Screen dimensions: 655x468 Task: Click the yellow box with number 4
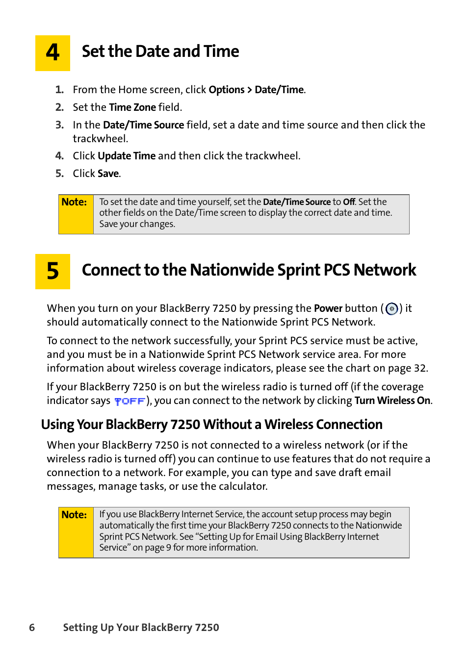tap(52, 53)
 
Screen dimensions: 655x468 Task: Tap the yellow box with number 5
tap(52, 271)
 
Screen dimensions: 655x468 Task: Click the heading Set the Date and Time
tap(160, 51)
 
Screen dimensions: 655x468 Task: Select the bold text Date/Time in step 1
tap(279, 90)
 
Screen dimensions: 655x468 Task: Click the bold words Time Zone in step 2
tap(132, 107)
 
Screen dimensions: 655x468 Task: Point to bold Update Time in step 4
tap(127, 156)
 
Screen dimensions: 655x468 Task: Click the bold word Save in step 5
tap(108, 174)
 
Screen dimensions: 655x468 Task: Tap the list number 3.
tap(59, 125)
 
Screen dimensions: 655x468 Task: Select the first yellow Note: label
tap(75, 202)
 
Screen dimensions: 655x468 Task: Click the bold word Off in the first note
tap(349, 202)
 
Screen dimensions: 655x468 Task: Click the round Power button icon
tap(391, 309)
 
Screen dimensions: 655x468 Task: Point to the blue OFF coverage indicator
tap(130, 401)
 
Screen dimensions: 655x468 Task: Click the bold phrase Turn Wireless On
tap(392, 401)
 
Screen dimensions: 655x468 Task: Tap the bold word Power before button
tap(328, 308)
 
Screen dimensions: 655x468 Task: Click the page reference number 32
tap(420, 368)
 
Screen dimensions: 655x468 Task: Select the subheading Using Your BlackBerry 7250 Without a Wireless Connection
tap(212, 425)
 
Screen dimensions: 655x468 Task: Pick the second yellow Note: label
tap(75, 515)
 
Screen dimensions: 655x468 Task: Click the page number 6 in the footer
tap(32, 628)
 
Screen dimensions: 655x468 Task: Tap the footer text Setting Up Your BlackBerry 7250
tap(141, 628)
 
